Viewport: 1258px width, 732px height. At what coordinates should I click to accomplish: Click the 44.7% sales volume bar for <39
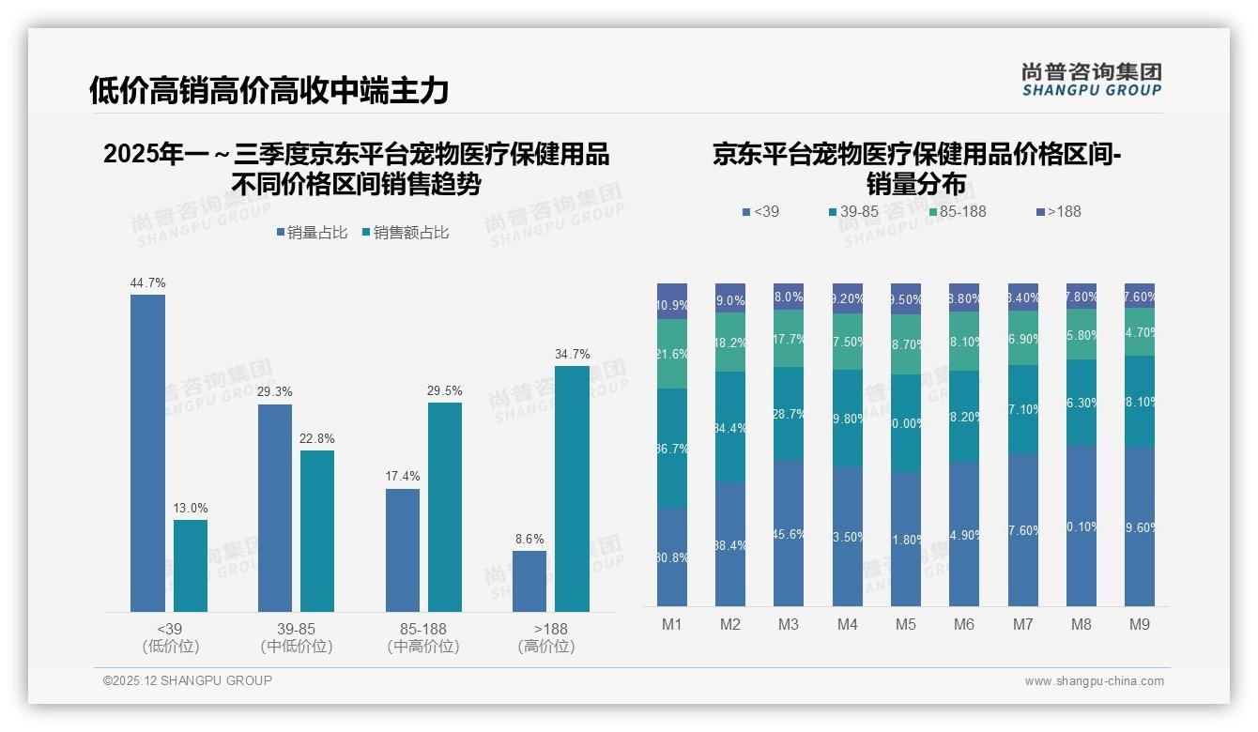tap(147, 453)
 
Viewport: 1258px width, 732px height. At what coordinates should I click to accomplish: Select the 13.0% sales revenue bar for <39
tap(191, 566)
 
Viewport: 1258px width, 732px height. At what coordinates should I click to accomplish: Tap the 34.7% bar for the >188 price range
tap(572, 489)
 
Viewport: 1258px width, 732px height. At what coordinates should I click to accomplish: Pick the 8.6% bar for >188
tap(529, 581)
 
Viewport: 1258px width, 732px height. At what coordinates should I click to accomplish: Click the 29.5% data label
tap(445, 391)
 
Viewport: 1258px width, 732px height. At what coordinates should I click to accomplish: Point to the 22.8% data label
tap(317, 438)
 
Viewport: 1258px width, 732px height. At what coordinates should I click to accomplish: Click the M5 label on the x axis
tap(905, 624)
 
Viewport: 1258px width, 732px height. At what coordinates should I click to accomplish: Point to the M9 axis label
tap(1139, 624)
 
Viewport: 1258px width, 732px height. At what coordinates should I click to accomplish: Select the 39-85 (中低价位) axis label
tap(297, 637)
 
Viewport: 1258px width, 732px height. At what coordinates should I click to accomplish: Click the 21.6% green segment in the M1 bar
tap(672, 354)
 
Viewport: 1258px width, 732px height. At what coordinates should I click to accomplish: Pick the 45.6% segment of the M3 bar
tap(789, 533)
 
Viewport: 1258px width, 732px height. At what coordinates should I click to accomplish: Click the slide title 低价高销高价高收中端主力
tap(268, 90)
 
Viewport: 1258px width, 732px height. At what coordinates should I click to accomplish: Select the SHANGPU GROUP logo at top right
tap(1091, 80)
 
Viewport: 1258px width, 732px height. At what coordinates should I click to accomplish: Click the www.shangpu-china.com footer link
tap(1094, 681)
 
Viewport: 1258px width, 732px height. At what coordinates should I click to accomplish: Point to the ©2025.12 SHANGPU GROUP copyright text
tap(188, 680)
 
